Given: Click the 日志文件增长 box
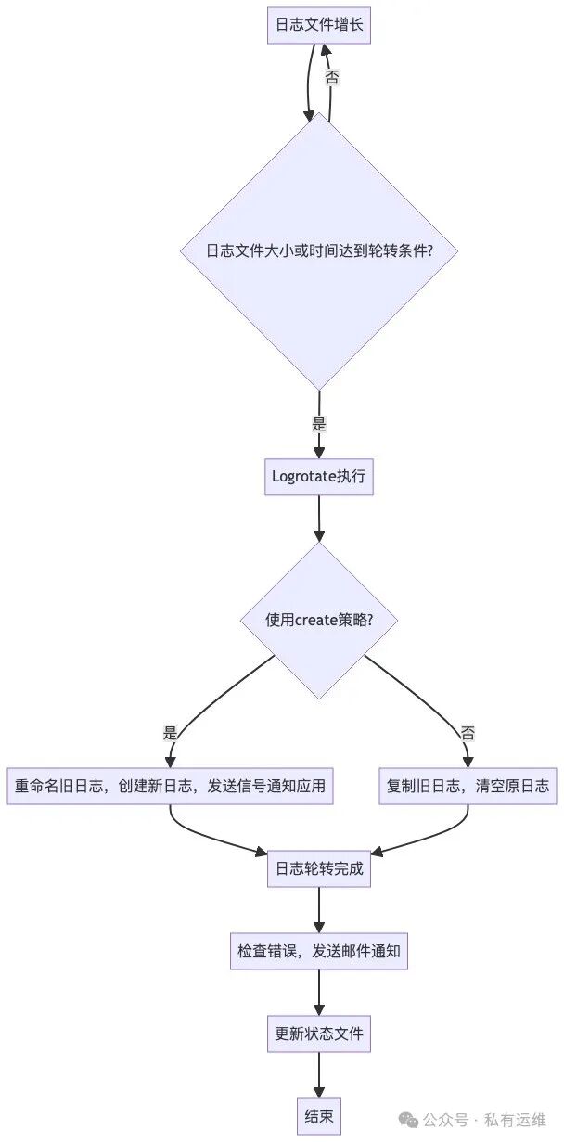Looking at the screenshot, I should point(319,25).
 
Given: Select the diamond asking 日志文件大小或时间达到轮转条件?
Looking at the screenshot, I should point(319,250).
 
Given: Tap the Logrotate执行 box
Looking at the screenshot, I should point(319,477).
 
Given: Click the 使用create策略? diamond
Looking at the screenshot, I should point(319,620).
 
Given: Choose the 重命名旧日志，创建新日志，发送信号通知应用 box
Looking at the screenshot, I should point(171,786).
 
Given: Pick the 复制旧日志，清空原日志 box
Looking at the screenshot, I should point(468,786).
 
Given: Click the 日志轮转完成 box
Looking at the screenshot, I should point(319,869).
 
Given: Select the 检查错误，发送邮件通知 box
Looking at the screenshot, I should point(319,951).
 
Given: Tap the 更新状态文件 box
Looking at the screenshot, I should point(319,1033).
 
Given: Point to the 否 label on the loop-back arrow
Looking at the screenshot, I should point(331,78).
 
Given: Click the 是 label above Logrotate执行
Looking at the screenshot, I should point(319,425).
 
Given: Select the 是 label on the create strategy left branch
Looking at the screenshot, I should point(170,733).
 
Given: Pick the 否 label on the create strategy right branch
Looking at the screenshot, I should point(468,733).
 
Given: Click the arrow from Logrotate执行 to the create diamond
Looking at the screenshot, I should point(319,520).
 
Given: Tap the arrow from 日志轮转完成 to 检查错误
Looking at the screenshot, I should point(319,911).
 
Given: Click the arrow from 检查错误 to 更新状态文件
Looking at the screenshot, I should point(319,993).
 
